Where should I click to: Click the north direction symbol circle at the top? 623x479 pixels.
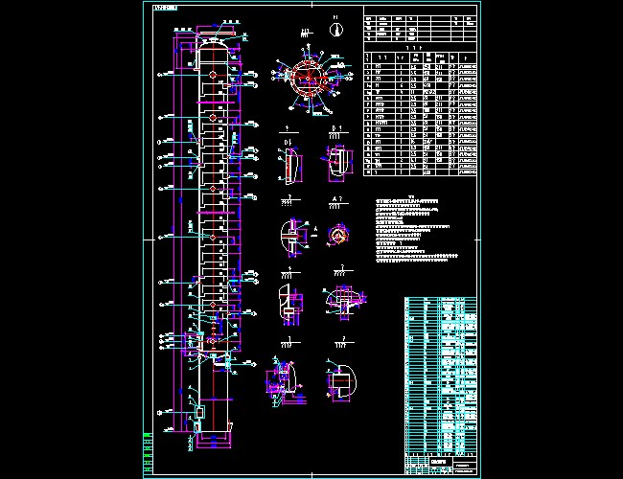(x=335, y=30)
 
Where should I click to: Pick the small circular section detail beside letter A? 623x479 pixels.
(x=337, y=233)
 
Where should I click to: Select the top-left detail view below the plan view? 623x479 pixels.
(x=289, y=164)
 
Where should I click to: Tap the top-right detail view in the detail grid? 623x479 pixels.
(x=336, y=161)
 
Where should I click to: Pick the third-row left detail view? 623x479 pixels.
(x=287, y=304)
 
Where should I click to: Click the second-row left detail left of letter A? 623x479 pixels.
(x=290, y=235)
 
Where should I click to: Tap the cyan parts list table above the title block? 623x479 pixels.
(x=440, y=374)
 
